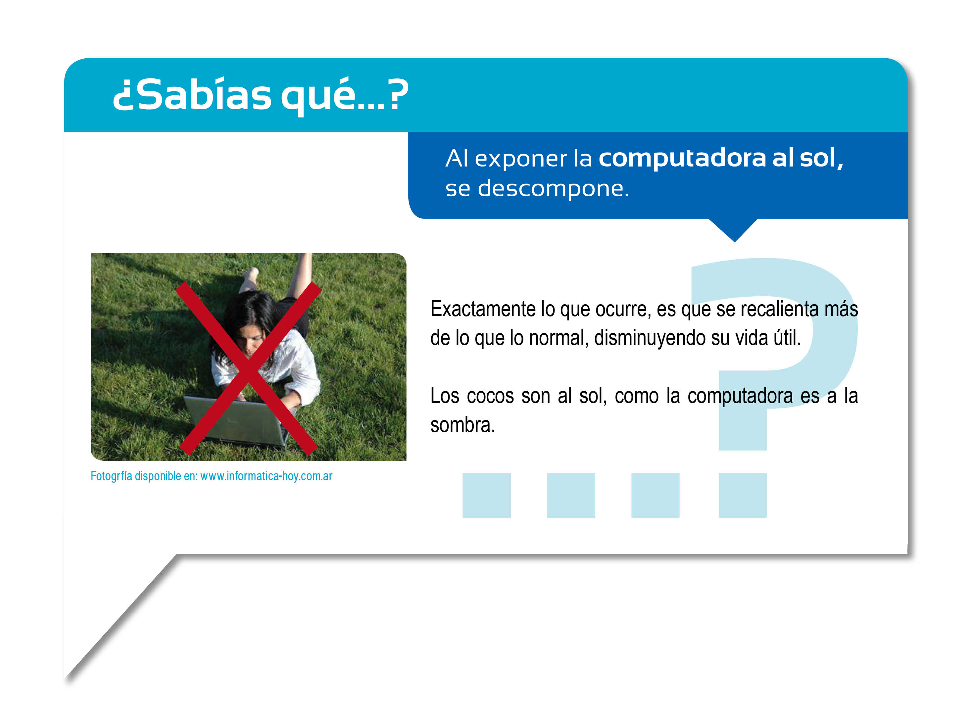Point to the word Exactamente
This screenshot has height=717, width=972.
click(x=483, y=309)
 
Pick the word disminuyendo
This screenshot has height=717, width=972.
click(x=650, y=338)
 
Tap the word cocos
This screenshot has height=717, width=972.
click(x=490, y=396)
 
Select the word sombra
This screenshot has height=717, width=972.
click(x=463, y=425)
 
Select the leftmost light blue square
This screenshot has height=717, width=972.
click(x=487, y=496)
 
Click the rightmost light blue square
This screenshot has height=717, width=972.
click(x=743, y=496)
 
